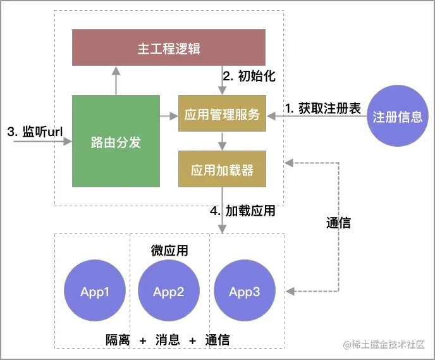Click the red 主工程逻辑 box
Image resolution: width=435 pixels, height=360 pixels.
click(x=169, y=47)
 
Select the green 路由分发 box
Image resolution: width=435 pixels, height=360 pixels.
click(x=116, y=141)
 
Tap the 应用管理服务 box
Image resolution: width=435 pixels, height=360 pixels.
click(x=222, y=114)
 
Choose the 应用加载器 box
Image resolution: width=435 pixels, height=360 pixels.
click(x=222, y=169)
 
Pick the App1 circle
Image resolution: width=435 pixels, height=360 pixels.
click(x=95, y=291)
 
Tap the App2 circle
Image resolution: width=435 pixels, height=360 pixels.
click(x=168, y=291)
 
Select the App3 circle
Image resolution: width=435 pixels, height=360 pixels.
click(x=244, y=291)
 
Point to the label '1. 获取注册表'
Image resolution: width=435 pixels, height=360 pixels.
click(x=322, y=108)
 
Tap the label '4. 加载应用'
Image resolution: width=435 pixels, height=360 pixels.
click(x=243, y=211)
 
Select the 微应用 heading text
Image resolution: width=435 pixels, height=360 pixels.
click(x=169, y=251)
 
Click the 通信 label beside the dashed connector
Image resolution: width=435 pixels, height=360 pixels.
click(x=338, y=222)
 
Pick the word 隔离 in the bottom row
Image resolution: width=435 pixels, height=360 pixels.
click(x=118, y=340)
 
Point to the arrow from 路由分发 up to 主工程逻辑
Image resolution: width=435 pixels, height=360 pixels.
click(x=116, y=80)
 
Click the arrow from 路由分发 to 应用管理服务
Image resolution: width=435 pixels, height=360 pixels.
click(x=169, y=116)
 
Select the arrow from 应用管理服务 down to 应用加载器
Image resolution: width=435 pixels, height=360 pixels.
click(x=222, y=140)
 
